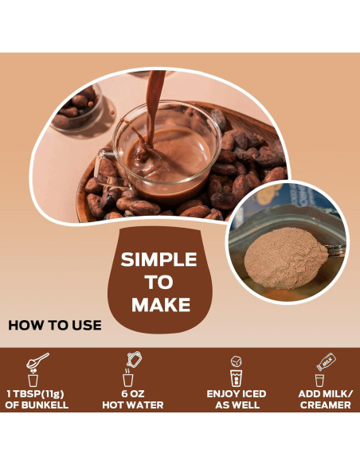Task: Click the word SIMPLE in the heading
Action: [158, 260]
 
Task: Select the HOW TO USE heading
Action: [55, 325]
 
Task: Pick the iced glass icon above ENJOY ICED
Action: [236, 370]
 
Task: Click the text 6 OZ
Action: [131, 394]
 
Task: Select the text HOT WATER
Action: [131, 405]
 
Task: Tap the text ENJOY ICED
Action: [236, 394]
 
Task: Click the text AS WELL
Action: [236, 405]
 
